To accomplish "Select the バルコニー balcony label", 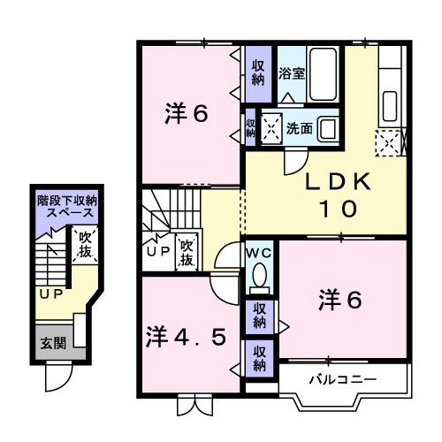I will [x=342, y=379].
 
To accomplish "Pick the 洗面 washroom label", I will [x=299, y=128].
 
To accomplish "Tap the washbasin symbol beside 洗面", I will [x=328, y=127].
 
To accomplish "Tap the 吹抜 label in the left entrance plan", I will [x=85, y=245].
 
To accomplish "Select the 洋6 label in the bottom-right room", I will [x=340, y=301].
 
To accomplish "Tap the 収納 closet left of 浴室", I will [x=257, y=72].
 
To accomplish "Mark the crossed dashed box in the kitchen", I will [x=389, y=140].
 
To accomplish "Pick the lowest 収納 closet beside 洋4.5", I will [x=260, y=359].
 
